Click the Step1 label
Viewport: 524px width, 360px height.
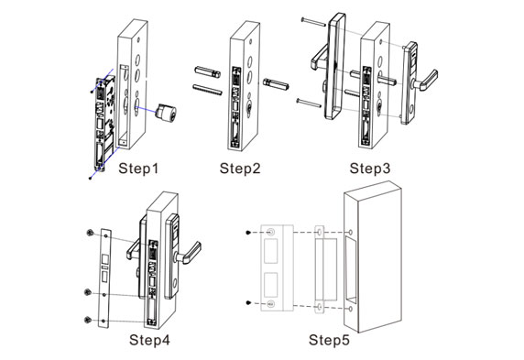(139, 169)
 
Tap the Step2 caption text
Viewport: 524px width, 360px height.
(240, 169)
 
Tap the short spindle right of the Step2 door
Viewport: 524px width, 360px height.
(275, 82)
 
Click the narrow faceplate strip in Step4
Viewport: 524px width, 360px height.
(104, 275)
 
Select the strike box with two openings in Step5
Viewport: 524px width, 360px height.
(276, 267)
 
